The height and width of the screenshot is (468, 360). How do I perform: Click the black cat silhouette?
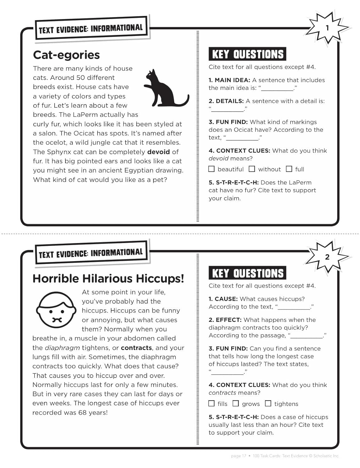(165, 89)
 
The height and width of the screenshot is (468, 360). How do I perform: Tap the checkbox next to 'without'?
(252, 169)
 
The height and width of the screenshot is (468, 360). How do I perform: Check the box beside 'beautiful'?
(212, 169)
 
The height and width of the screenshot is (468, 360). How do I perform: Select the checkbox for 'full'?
(289, 169)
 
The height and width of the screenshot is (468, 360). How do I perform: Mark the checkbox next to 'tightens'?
(268, 403)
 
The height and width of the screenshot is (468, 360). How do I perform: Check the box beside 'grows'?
(236, 403)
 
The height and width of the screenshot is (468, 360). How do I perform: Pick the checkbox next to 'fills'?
(212, 403)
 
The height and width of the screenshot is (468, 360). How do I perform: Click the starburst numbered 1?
(327, 28)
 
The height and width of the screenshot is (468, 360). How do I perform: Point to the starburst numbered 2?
(327, 257)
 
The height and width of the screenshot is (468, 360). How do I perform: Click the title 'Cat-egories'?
(66, 55)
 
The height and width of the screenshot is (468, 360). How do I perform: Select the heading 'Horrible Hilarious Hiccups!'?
(108, 279)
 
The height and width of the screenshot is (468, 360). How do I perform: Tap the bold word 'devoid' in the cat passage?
(158, 152)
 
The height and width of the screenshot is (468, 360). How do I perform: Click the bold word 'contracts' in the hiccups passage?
(136, 348)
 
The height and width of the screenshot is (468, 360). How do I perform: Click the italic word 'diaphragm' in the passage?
(62, 348)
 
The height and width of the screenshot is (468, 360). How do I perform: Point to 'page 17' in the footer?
(238, 456)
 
